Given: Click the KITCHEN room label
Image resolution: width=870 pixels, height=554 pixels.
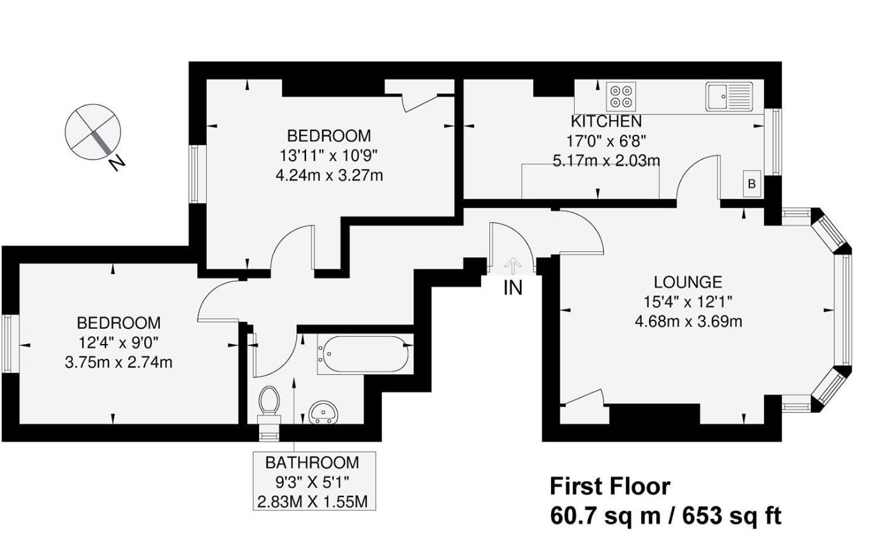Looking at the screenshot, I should click(606, 121).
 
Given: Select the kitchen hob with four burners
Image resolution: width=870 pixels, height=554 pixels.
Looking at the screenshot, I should click(621, 96).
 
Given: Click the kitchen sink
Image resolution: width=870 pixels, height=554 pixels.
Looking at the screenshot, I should click(729, 96).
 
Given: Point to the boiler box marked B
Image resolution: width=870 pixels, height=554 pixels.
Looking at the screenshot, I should click(752, 184).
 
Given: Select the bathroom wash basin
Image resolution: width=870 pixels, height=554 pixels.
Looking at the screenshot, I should click(325, 413).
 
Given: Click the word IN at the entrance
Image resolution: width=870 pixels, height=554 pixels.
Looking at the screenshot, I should click(513, 288).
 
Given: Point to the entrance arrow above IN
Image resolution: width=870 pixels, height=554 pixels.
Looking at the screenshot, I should click(513, 265).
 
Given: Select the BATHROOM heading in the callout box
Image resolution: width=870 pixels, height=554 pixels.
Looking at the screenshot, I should click(312, 463).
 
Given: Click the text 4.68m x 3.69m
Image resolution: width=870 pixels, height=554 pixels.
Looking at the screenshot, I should click(688, 321).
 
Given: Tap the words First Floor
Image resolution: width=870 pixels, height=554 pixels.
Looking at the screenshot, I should click(610, 487).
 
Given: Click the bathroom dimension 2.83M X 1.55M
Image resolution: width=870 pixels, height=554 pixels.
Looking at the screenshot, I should click(312, 502).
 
